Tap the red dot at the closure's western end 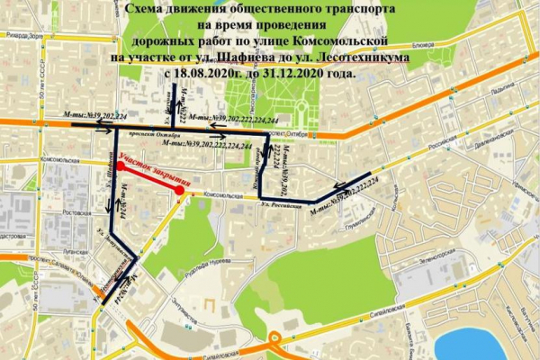pos(121,166)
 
